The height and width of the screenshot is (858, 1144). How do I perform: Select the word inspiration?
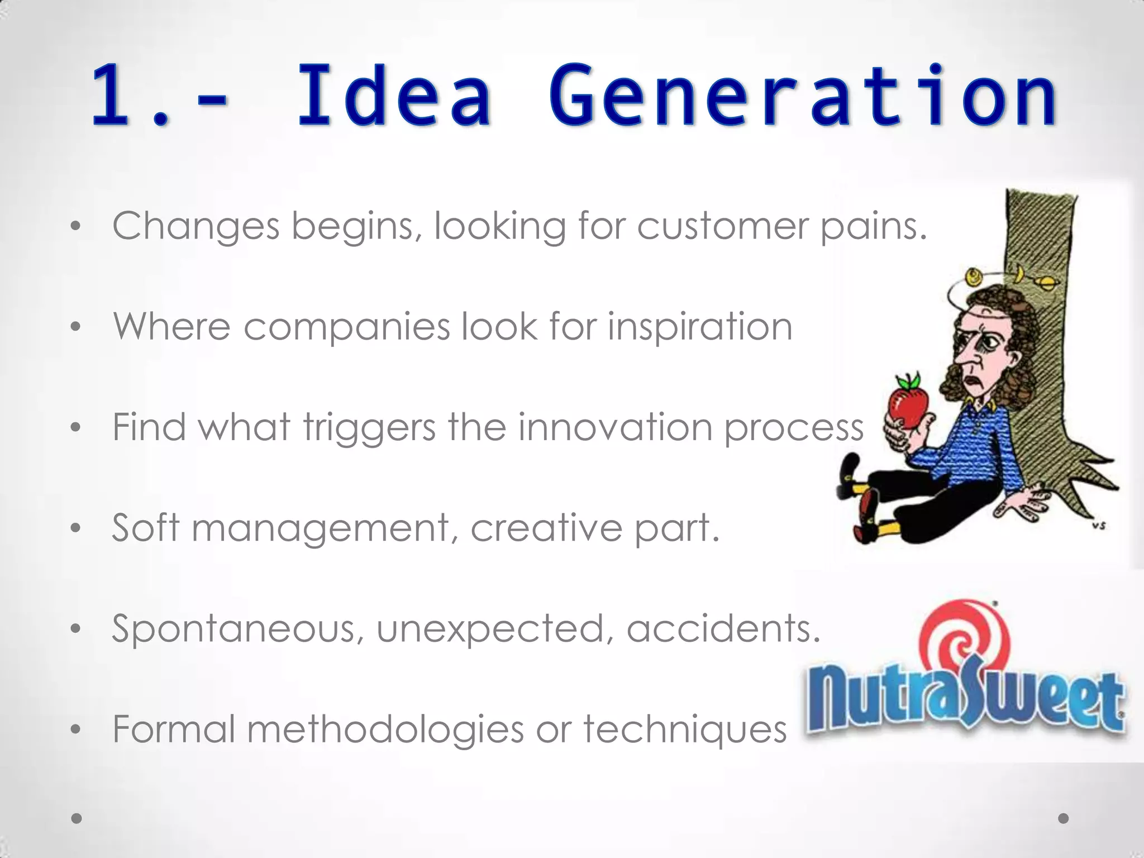(x=700, y=327)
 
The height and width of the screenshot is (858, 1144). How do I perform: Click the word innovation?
(x=615, y=427)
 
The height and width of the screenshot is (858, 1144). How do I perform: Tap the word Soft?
(x=146, y=527)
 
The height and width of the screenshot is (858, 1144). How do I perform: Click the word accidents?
(x=723, y=628)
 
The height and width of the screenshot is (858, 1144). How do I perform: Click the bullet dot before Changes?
(x=76, y=227)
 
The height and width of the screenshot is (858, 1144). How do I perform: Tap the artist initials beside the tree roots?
(x=1099, y=526)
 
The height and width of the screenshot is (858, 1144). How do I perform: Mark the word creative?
(x=546, y=528)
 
